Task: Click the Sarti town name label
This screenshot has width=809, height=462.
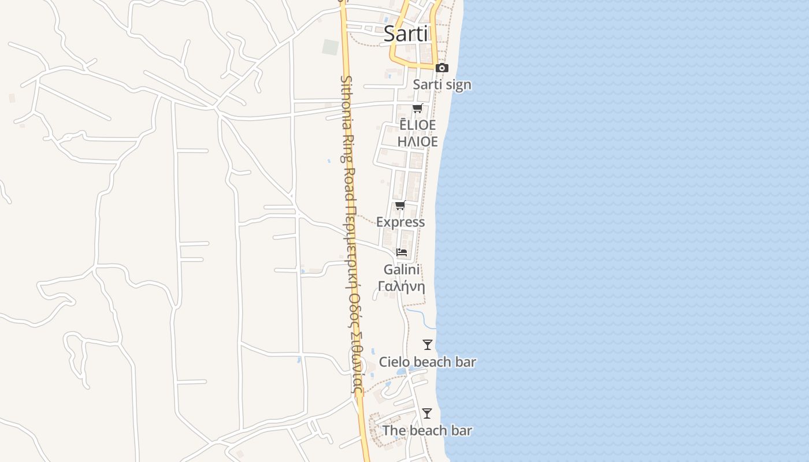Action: [x=406, y=34]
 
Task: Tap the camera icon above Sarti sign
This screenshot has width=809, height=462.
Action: [x=442, y=68]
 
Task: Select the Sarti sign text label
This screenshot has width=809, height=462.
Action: [x=442, y=85]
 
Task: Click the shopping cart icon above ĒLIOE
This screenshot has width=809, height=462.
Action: [x=417, y=109]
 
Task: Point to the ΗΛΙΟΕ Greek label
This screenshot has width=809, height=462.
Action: [x=417, y=141]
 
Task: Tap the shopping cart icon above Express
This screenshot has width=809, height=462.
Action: [x=400, y=206]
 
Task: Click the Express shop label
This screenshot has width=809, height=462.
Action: [x=400, y=222]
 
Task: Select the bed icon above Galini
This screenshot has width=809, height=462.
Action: [x=402, y=252]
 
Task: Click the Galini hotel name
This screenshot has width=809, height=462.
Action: [x=402, y=270]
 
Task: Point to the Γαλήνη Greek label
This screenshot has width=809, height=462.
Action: [x=402, y=286]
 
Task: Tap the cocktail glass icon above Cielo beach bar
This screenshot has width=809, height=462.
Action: [x=428, y=345]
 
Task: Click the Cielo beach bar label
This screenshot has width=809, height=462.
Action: [x=428, y=362]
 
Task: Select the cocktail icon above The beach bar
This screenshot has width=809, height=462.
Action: [x=427, y=413]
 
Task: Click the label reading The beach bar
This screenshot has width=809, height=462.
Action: [x=427, y=430]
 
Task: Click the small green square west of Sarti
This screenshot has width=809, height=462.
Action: [x=331, y=47]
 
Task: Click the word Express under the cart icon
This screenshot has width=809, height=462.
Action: [x=400, y=222]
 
